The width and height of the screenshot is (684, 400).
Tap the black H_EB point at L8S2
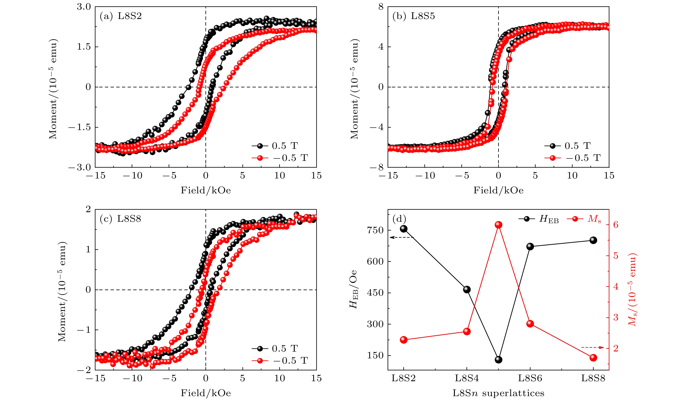404,229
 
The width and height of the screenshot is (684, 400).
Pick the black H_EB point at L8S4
467,289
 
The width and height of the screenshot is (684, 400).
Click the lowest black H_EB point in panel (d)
498,360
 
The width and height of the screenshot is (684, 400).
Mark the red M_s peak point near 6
498,225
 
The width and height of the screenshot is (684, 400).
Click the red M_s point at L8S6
530,323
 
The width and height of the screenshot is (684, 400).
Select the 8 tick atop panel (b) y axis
381,7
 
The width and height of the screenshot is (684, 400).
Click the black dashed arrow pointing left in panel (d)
402,237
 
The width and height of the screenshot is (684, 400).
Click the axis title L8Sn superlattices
498,393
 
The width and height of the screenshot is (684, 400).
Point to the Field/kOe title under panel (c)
206,393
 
